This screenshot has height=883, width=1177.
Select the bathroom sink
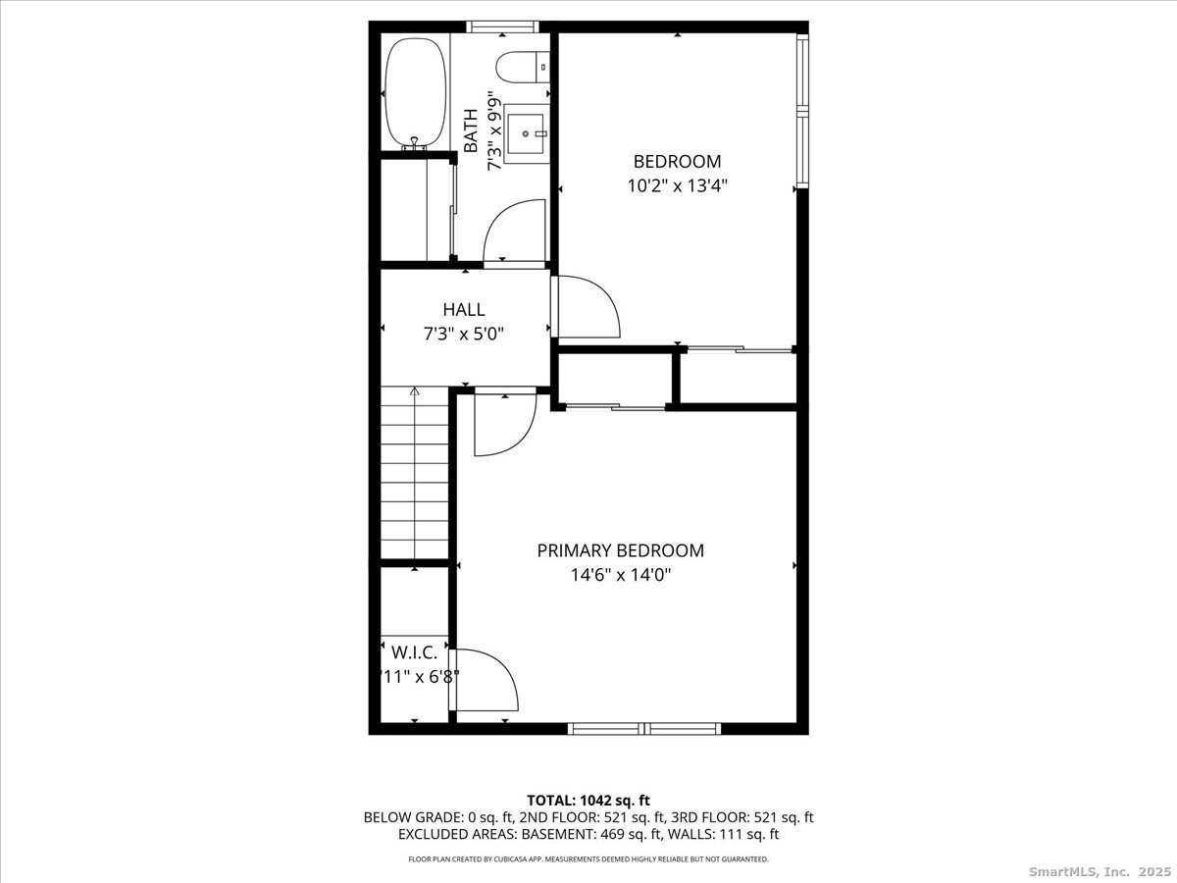coord(528,131)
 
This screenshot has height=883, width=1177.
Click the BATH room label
coord(472,130)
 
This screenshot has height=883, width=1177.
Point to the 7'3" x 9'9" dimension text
coord(496,130)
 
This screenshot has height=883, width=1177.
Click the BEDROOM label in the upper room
coord(677,162)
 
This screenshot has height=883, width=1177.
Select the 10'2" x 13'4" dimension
coord(677,184)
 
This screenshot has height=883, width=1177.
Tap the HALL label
coord(463,310)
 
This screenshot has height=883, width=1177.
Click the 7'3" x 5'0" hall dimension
coord(463,334)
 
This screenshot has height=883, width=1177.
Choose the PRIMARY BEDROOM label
coord(620,551)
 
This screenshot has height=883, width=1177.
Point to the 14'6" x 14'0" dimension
coord(620,575)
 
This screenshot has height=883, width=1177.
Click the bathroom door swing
coord(514,232)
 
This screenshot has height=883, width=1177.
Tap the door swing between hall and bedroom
coord(587,306)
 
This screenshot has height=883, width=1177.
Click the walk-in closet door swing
coord(486,679)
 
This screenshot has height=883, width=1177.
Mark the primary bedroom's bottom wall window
coord(644,728)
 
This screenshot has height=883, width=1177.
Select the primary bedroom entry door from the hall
coord(503,423)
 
